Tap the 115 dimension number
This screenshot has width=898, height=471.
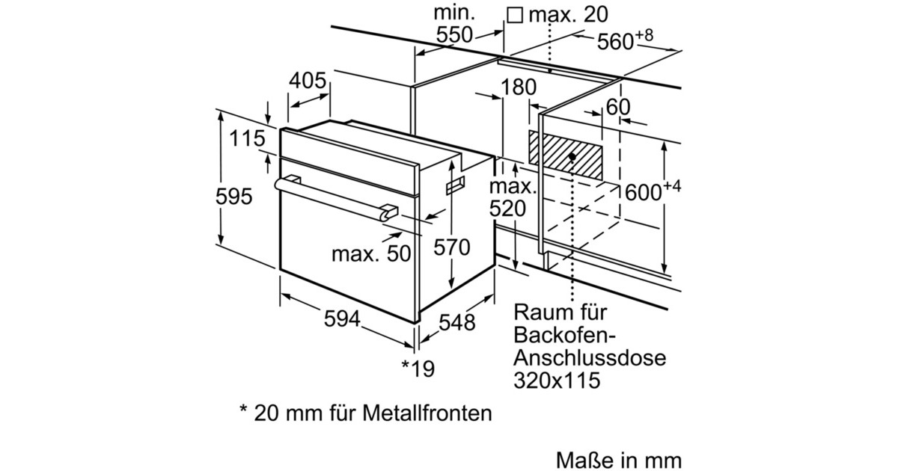click(248, 138)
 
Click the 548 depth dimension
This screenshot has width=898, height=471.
click(456, 322)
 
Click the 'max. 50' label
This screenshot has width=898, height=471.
click(372, 253)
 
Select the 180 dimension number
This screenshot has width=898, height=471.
click(519, 88)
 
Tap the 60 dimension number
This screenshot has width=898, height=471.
click(618, 108)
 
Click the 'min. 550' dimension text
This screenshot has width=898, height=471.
click(454, 24)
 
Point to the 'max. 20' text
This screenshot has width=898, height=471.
click(568, 14)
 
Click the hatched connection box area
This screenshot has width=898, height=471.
click(566, 156)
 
